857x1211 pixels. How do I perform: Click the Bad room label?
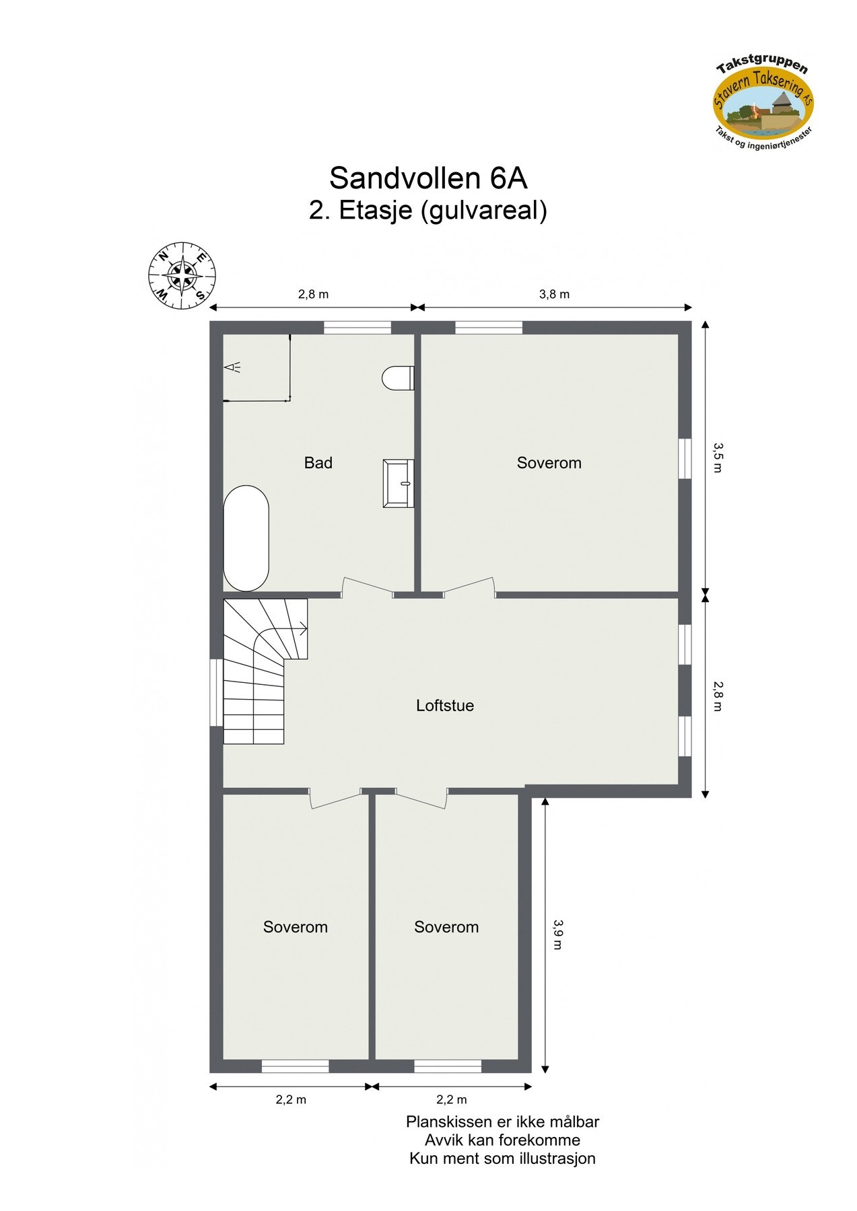click(318, 463)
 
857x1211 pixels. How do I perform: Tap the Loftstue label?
click(444, 706)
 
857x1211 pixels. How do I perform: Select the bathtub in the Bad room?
click(246, 538)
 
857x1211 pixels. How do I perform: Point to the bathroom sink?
click(398, 483)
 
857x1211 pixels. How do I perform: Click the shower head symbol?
click(233, 367)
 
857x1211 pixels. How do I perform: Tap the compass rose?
click(182, 277)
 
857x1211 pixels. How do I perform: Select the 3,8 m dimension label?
click(554, 294)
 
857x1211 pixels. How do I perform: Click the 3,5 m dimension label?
click(718, 457)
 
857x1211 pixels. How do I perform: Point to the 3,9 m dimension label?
click(557, 934)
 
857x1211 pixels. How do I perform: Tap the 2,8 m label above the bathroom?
click(313, 294)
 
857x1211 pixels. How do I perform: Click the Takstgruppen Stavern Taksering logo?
click(763, 104)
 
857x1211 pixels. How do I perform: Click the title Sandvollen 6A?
click(427, 178)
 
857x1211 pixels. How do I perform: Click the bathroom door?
click(368, 589)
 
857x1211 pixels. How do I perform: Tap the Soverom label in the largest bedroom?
click(549, 463)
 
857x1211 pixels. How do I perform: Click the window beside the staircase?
click(216, 692)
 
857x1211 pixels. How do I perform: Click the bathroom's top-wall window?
click(357, 328)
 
